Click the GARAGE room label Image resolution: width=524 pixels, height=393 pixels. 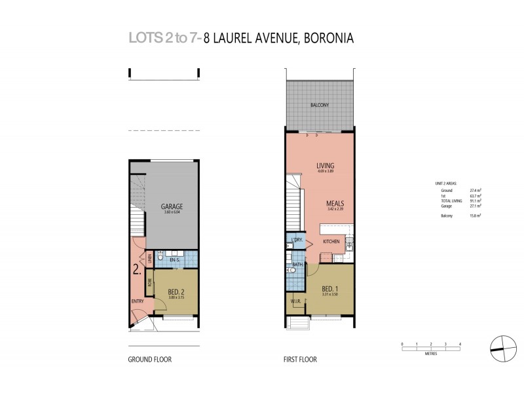point(172,207)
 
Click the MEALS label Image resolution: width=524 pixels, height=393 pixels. point(335,204)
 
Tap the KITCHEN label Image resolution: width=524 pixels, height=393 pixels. point(332,242)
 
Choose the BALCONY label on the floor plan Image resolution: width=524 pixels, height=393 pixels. point(320,105)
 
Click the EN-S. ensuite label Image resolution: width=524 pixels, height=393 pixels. point(174,261)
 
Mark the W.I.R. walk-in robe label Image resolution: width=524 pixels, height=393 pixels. point(295,302)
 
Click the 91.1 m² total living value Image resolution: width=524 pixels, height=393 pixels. point(476,200)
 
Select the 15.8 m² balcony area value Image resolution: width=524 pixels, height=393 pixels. point(476,215)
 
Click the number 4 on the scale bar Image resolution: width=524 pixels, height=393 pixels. point(460,343)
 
